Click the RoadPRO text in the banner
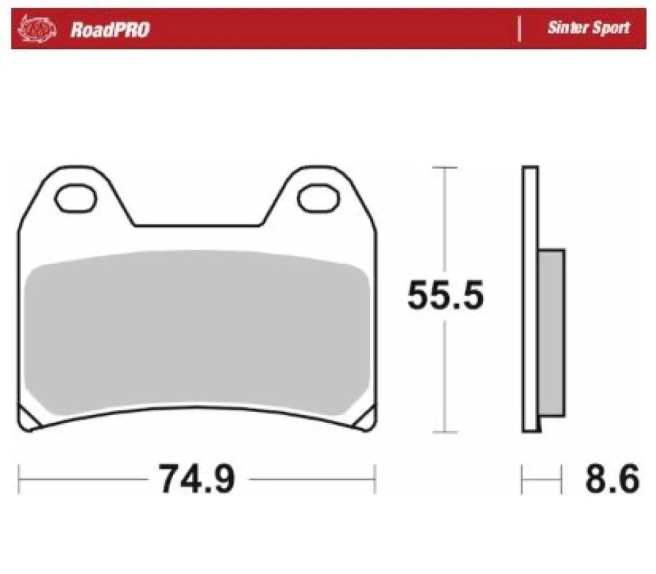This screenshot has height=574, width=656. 110,29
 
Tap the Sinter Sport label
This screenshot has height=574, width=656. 588,28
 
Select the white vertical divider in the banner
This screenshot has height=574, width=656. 520,28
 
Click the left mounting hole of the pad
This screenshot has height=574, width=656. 76,196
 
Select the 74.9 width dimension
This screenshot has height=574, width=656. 196,479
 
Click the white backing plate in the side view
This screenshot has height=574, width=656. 530,298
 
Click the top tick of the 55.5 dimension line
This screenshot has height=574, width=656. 445,168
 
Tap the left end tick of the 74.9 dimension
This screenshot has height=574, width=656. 19,479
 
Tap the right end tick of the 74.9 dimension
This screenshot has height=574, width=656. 374,479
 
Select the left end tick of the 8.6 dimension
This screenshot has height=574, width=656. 522,479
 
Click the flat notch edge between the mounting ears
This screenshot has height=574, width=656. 198,225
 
